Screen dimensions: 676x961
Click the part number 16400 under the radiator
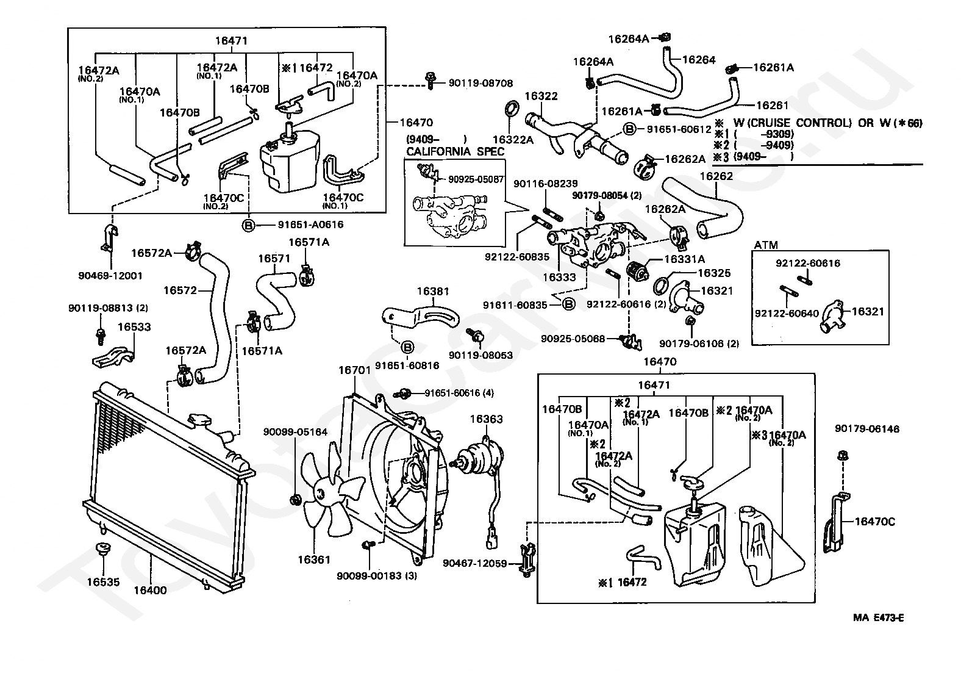coord(150,590)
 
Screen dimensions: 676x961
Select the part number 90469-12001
coord(110,275)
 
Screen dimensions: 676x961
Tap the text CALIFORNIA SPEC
coord(455,151)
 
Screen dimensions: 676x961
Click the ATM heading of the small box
coord(766,245)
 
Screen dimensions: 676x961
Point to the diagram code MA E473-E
coord(878,617)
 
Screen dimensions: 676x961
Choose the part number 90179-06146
coord(866,430)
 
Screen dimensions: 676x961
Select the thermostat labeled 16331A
coord(640,269)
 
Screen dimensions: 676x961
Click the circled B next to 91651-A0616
coord(249,225)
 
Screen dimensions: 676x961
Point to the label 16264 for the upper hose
coord(699,60)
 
